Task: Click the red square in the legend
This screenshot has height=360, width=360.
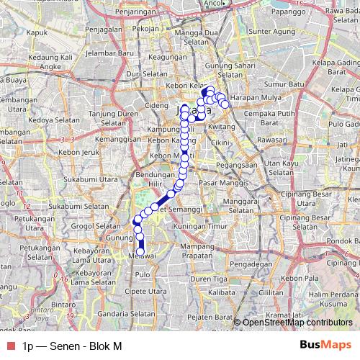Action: click(x=9, y=346)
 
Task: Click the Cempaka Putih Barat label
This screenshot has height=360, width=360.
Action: click(x=271, y=118)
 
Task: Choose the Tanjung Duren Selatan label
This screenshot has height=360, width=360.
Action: click(x=117, y=117)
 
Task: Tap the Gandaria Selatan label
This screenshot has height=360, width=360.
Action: click(x=127, y=314)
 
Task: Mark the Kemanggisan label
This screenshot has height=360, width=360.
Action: click(x=116, y=137)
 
